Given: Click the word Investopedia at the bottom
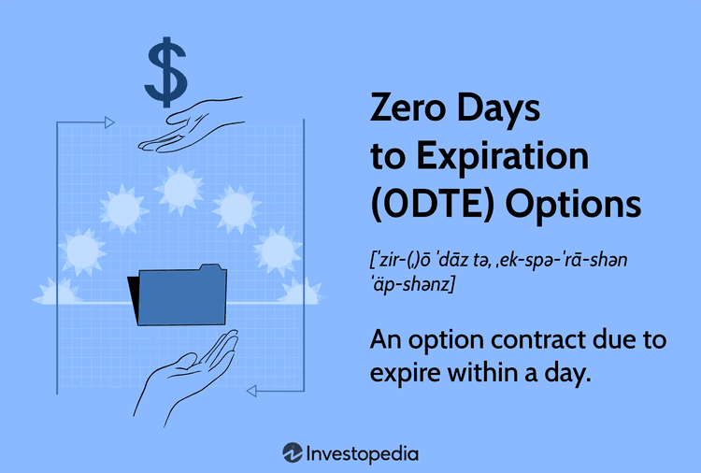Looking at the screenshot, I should [363, 453].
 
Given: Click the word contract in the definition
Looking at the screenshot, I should [530, 339].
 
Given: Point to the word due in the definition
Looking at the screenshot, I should [611, 339].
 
